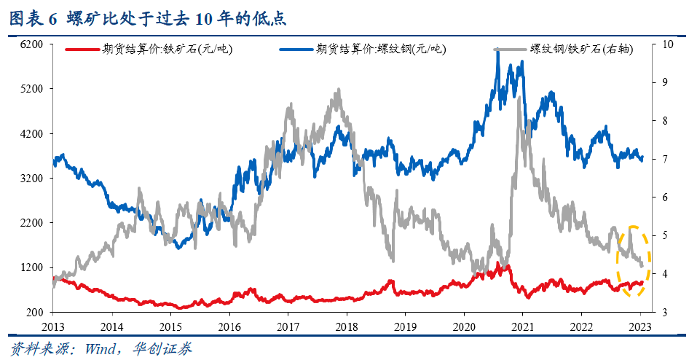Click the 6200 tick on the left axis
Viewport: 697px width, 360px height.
coord(33,44)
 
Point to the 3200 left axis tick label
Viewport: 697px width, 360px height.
coord(33,179)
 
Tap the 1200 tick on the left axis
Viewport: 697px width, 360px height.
coord(33,267)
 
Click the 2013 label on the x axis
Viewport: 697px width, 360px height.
coord(53,326)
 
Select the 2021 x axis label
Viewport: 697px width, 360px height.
coord(523,326)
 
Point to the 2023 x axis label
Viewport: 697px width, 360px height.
coord(640,326)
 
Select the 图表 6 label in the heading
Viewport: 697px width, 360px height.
coord(32,17)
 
